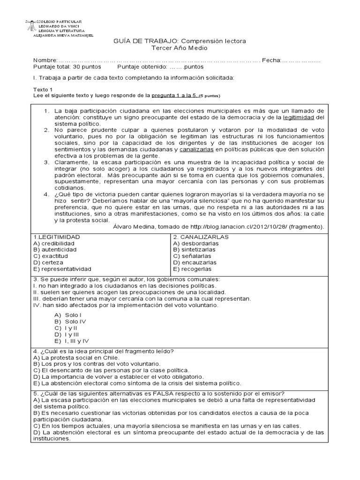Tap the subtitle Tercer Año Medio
pos(180,48)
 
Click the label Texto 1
pos(43,89)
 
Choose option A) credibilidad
pos(54,243)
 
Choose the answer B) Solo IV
pos(70,322)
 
